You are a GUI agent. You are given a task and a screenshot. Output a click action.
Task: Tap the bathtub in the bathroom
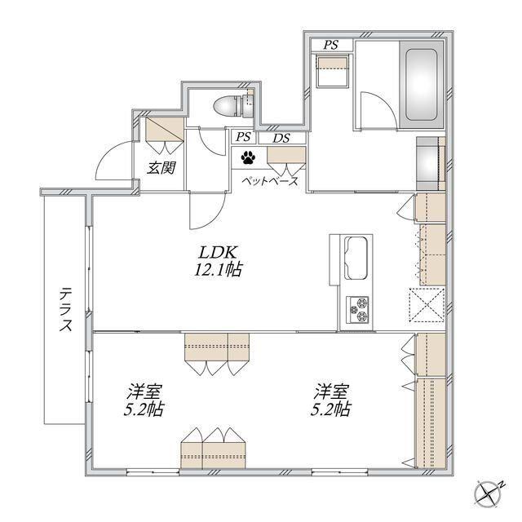click(x=421, y=85)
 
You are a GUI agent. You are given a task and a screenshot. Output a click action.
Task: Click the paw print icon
click(x=248, y=157)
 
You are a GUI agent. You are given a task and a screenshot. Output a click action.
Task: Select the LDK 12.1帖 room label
click(x=218, y=261)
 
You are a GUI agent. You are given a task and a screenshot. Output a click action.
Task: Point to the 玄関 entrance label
click(x=161, y=168)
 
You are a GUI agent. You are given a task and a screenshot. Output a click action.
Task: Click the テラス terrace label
click(x=65, y=310)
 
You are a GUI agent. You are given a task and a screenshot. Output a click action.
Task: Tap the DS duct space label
click(x=281, y=138)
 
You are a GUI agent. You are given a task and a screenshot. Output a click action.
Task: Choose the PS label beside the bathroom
click(x=330, y=45)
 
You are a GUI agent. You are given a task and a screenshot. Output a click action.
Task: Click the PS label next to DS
click(x=244, y=137)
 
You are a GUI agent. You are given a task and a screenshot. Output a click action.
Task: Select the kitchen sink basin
click(x=357, y=258)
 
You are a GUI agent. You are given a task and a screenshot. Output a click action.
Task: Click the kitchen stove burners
click(x=358, y=310)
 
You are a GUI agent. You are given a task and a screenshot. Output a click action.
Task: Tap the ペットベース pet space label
click(x=270, y=182)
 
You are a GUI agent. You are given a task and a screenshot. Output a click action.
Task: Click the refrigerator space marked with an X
click(x=427, y=304)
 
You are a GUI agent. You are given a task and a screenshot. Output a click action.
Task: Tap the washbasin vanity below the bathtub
click(x=431, y=163)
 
